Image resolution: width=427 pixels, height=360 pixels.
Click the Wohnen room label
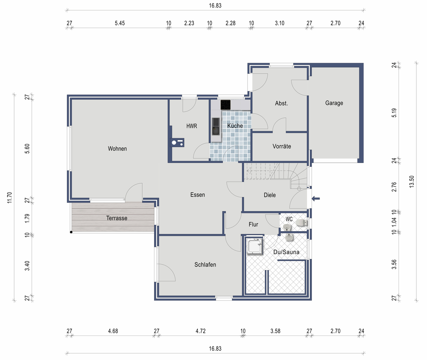[117, 149]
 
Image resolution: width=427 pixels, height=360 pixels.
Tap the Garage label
[334, 103]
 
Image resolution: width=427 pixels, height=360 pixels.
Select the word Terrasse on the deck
[117, 218]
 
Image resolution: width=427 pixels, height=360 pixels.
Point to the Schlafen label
[205, 265]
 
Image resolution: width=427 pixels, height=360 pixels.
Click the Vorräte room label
[281, 146]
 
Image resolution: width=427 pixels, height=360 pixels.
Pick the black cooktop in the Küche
[226, 105]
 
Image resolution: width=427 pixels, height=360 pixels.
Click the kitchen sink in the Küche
[216, 126]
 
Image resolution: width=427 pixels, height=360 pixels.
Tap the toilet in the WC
[301, 223]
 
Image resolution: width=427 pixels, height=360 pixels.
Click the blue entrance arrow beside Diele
[316, 198]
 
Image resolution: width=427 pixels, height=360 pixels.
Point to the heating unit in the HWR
[177, 143]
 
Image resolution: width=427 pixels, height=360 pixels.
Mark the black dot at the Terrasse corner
[71, 232]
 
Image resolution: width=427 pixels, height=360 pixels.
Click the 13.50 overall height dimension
[412, 181]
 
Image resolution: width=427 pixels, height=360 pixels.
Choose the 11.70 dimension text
[10, 198]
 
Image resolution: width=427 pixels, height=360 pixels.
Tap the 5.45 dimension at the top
[120, 23]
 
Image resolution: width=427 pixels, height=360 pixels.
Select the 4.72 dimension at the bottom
[200, 331]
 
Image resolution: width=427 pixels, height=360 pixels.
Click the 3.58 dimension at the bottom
[275, 331]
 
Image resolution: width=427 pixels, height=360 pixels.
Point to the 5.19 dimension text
[394, 113]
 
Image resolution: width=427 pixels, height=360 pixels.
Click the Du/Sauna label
[286, 252]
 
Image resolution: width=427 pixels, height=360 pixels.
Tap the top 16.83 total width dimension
[215, 6]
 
